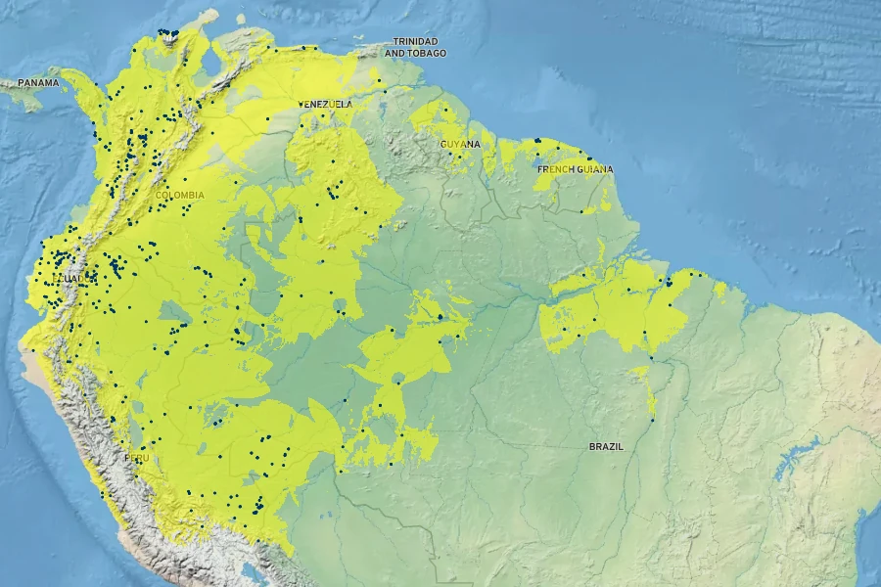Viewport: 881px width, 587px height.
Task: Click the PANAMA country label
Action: click(37, 83)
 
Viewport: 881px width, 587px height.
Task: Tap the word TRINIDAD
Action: click(415, 41)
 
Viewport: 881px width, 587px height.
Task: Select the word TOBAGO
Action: click(427, 53)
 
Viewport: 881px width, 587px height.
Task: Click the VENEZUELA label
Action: click(325, 104)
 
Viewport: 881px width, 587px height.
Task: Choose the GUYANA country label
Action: click(460, 144)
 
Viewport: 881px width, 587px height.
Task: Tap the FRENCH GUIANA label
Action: click(575, 169)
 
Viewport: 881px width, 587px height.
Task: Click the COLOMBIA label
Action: click(180, 195)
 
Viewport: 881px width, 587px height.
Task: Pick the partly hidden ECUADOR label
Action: click(70, 279)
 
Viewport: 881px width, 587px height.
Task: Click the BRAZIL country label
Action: click(606, 446)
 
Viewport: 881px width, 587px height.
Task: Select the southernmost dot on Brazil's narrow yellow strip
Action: click(652, 421)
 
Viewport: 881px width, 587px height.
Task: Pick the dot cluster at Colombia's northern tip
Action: click(168, 33)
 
